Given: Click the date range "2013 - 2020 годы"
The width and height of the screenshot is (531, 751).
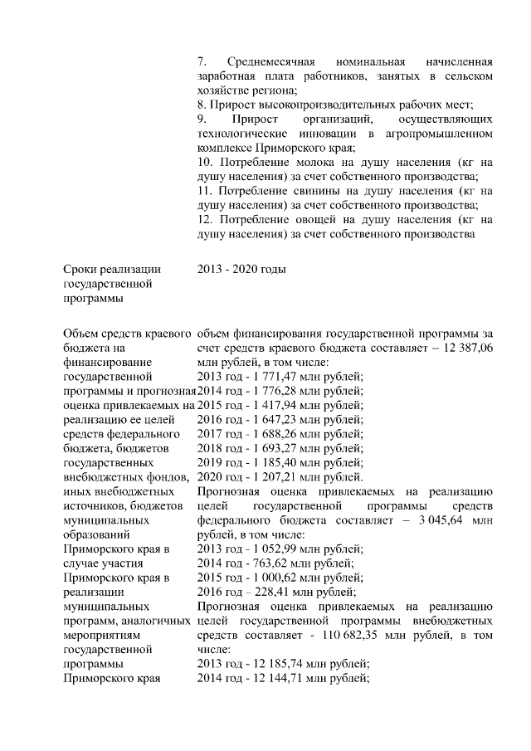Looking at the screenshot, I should pos(241,269).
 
